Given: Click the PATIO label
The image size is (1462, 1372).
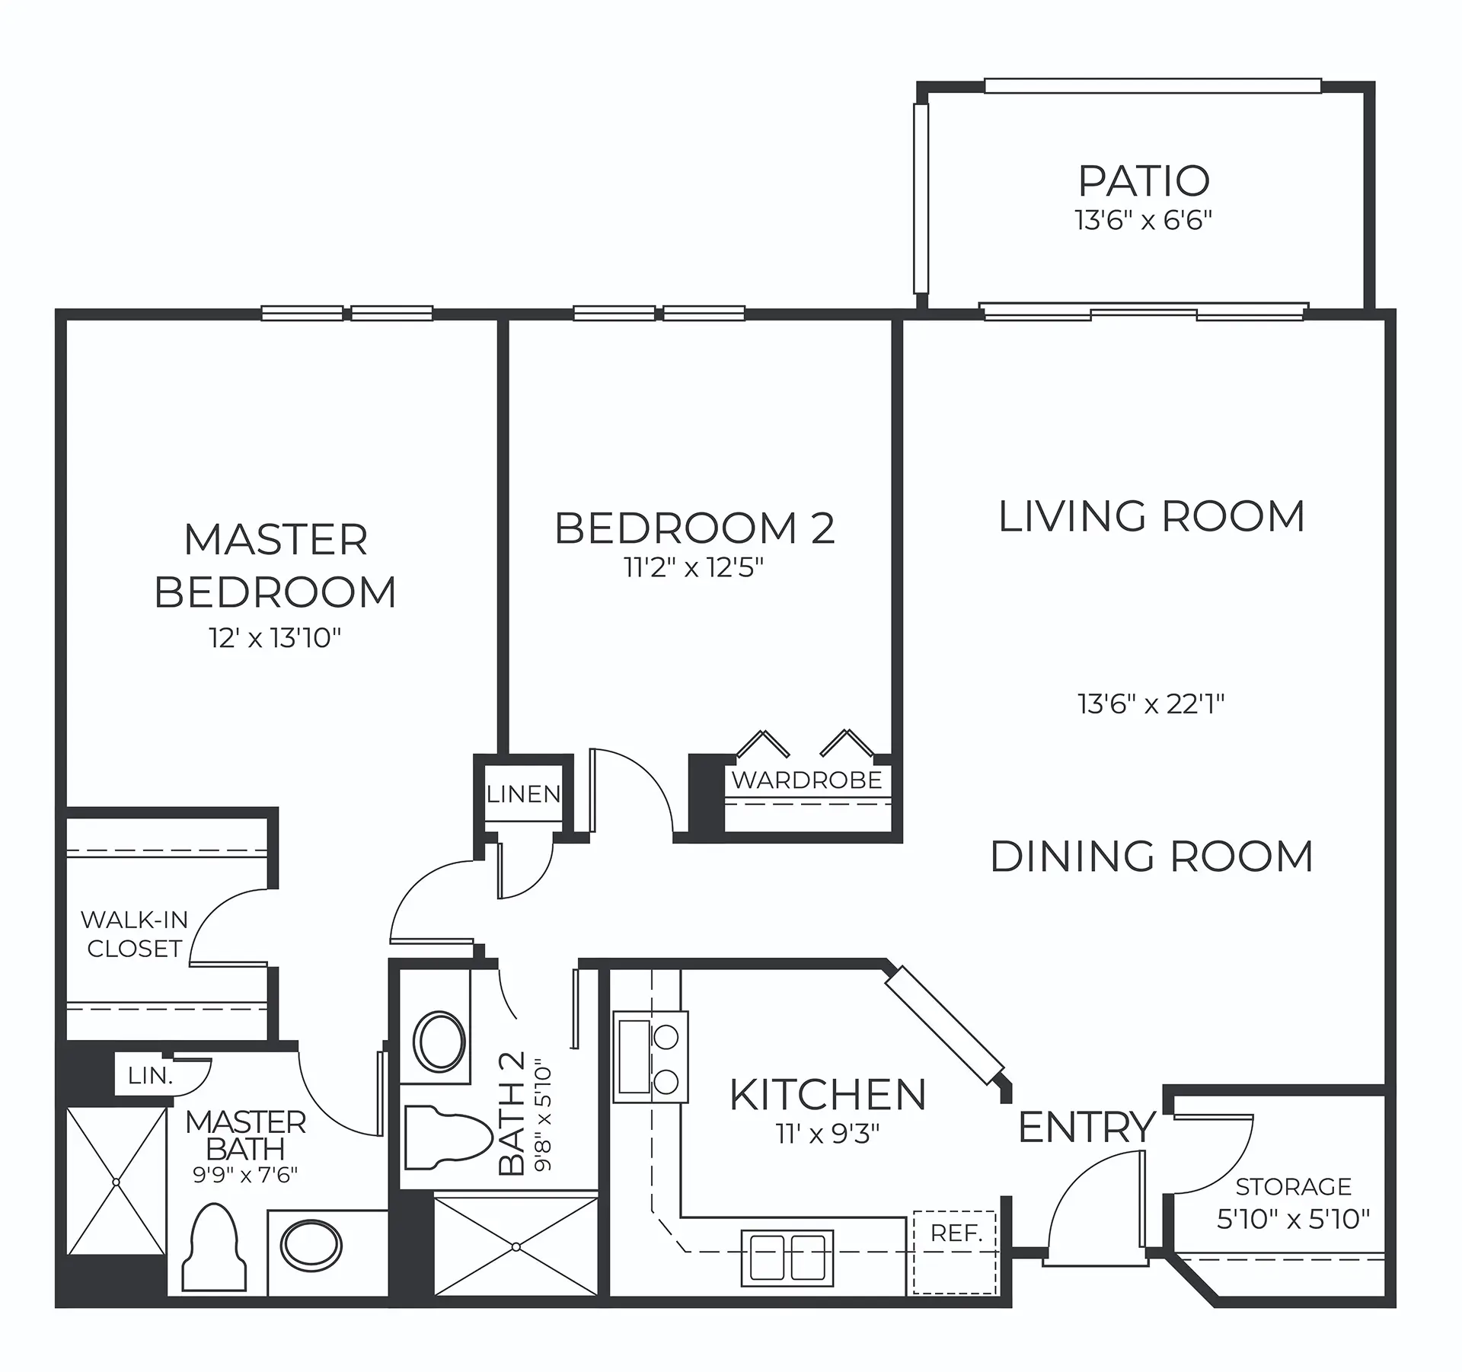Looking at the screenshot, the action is [1144, 181].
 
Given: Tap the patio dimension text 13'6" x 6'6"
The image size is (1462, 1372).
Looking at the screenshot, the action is [1143, 221].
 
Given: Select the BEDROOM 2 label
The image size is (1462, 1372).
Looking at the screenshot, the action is [694, 528].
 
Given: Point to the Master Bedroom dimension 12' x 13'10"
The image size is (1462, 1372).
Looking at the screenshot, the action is [275, 637].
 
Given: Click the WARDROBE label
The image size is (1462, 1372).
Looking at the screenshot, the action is [807, 780].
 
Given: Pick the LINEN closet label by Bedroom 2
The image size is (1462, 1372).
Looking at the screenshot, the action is [524, 794].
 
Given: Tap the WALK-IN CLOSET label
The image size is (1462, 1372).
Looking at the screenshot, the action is [135, 934].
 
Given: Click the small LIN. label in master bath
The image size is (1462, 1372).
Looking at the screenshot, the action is [149, 1076].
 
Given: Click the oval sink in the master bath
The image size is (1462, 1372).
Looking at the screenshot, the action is [311, 1246].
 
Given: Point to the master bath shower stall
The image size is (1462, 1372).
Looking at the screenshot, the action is [116, 1182].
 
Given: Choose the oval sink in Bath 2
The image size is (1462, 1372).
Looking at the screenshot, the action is [439, 1041].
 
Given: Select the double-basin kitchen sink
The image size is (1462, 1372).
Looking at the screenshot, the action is [787, 1257].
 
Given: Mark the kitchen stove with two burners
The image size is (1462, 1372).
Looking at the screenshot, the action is [651, 1057].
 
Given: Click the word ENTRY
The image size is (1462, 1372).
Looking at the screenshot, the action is [1087, 1128].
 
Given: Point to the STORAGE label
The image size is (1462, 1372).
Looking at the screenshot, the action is [1293, 1187].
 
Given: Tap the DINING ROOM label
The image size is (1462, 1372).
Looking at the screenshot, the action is [1151, 857].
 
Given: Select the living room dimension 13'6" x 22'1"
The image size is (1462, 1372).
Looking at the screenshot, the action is [1151, 704].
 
